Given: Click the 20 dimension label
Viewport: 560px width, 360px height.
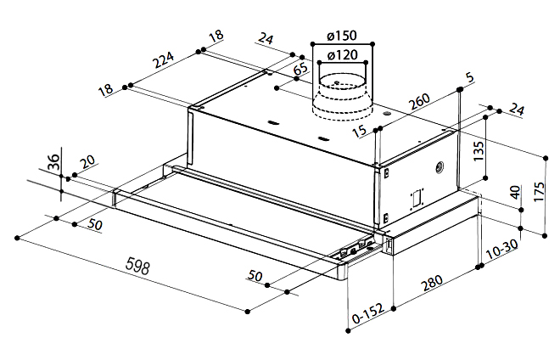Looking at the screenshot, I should click(x=87, y=164).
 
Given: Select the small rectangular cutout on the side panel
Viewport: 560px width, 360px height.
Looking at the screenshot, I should click(x=417, y=197).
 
